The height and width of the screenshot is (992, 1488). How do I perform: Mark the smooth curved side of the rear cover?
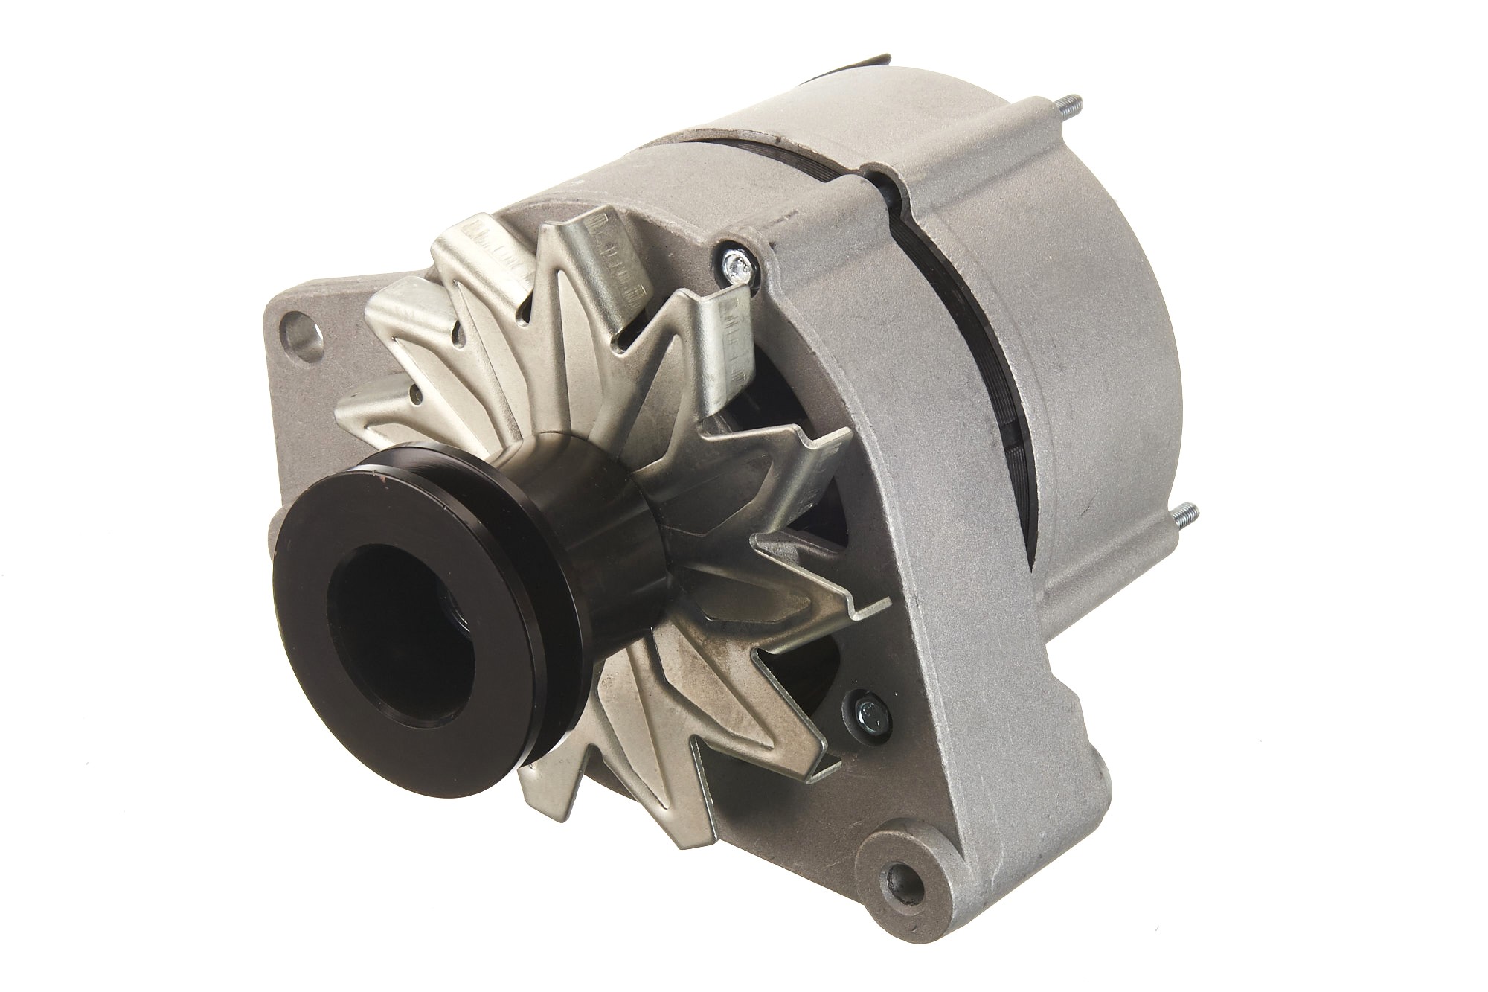[1116, 335]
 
